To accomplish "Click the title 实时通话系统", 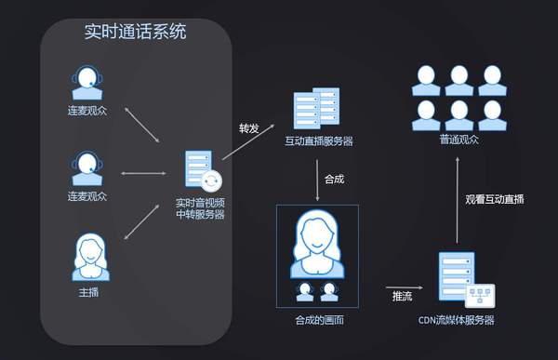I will [x=135, y=32].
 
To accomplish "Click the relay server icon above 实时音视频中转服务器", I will [x=198, y=170].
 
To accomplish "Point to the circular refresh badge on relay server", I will [x=213, y=180].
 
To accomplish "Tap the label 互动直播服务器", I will [x=318, y=141].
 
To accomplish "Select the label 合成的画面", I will [x=317, y=320].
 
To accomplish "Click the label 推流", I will [x=401, y=298].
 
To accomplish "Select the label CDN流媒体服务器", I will [x=457, y=320].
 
